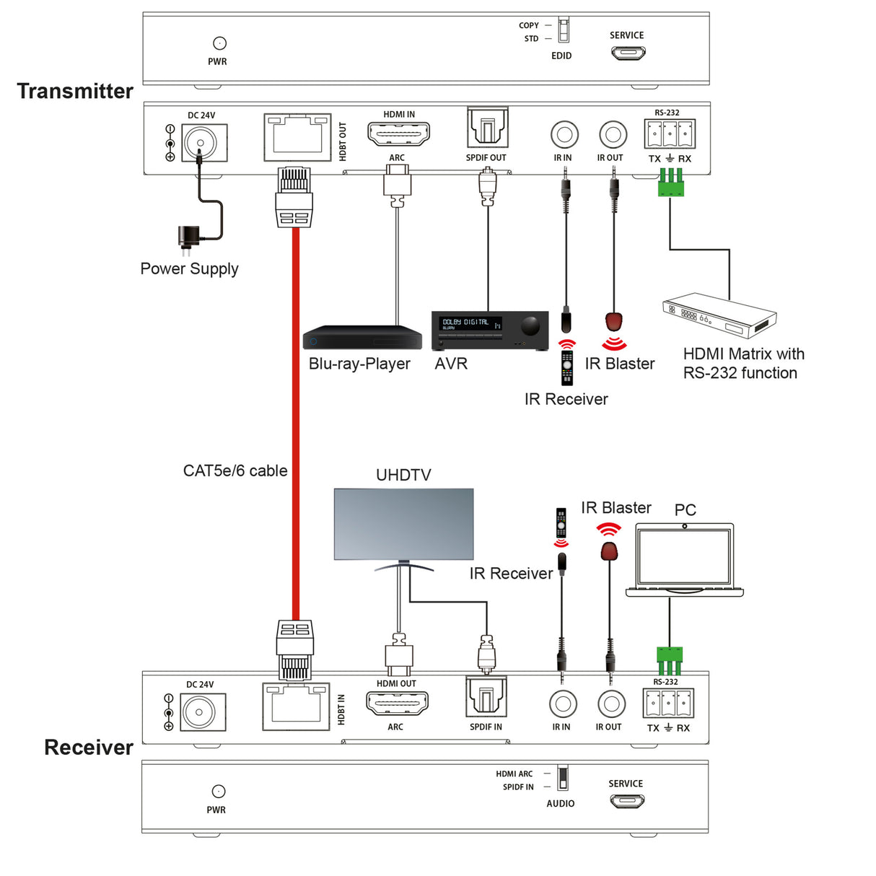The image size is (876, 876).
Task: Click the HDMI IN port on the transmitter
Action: point(398,134)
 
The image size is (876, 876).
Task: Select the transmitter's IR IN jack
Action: point(564,135)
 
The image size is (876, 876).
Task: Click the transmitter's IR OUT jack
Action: point(613,135)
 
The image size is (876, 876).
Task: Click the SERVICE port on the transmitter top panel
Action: point(628,53)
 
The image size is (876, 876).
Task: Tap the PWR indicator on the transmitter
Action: point(219,43)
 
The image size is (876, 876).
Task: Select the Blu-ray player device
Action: point(362,338)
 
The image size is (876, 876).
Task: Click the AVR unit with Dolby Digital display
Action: point(490,330)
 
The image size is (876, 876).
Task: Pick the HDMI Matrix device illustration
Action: point(719,316)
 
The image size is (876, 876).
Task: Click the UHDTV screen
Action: point(403,524)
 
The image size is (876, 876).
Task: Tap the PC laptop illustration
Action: point(684,559)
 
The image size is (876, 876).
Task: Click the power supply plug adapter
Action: point(188,237)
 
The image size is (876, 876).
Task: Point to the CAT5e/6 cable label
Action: point(235,470)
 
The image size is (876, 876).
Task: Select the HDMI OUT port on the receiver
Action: point(397,704)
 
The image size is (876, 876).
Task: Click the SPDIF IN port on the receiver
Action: point(486,698)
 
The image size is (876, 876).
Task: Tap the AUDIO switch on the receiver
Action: point(562,779)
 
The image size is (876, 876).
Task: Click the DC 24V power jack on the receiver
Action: point(199,713)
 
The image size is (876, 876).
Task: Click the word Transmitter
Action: point(75,91)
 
